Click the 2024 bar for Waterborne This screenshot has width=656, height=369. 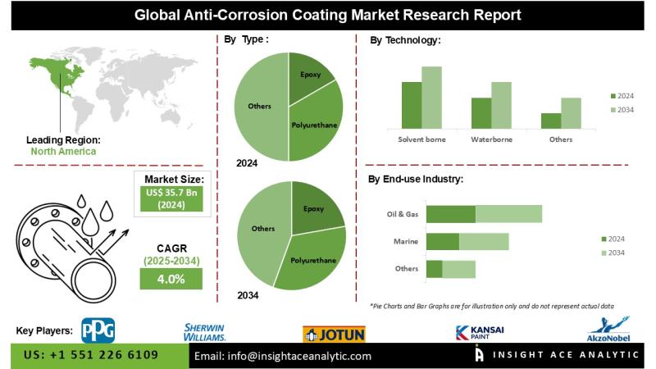click(481, 112)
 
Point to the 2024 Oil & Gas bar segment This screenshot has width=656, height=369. click(451, 214)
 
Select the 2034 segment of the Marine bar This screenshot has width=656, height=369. click(484, 241)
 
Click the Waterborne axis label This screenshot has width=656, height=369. click(491, 139)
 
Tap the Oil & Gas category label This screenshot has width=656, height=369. click(403, 214)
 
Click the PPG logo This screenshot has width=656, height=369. click(98, 330)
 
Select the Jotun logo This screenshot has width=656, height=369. click(334, 333)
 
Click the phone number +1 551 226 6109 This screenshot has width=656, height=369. click(92, 356)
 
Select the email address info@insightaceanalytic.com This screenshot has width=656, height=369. click(281, 356)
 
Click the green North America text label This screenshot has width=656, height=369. click(63, 151)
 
